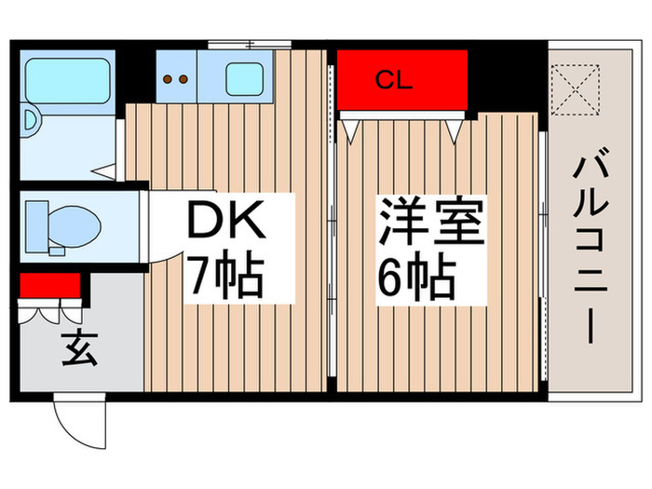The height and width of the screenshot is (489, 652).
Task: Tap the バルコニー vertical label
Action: (x=592, y=251)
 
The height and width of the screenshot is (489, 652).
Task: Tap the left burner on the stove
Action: (x=169, y=79)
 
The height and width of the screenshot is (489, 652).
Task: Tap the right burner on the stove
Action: (x=183, y=79)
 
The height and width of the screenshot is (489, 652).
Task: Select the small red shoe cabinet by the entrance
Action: (x=50, y=284)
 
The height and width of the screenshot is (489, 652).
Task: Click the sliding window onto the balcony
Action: (x=542, y=251)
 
